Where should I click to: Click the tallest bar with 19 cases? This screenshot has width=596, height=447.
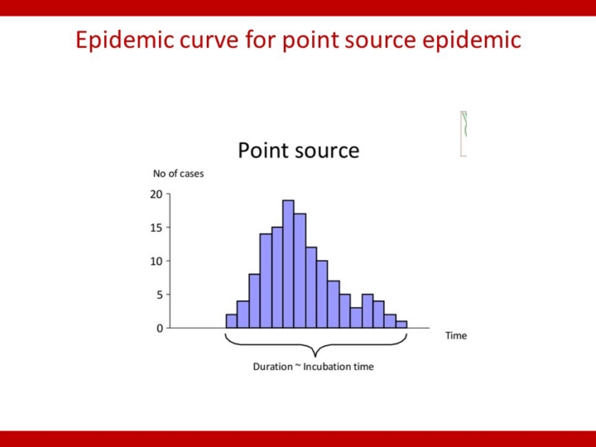[x=288, y=264]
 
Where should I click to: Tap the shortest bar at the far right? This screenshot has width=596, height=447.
[x=401, y=324]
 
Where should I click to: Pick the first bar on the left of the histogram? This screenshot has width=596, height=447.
[x=231, y=321]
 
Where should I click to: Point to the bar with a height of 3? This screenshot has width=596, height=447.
[x=356, y=318]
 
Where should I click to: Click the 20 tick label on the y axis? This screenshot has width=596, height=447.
[x=156, y=195]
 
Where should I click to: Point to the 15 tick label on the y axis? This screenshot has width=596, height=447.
[x=156, y=228]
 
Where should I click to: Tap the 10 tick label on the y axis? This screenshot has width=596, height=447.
[x=156, y=261]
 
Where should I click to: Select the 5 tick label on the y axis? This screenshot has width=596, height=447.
[x=159, y=295]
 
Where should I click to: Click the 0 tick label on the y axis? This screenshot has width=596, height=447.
[x=159, y=328]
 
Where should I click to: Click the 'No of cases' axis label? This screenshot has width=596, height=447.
[x=178, y=174]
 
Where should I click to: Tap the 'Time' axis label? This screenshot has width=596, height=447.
[x=456, y=335]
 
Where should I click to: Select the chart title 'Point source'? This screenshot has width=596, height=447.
[x=298, y=151]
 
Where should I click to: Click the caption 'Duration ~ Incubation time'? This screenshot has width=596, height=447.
[x=313, y=367]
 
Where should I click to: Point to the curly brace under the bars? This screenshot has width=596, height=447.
[x=315, y=346]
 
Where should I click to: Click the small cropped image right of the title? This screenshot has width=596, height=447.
[x=464, y=133]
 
